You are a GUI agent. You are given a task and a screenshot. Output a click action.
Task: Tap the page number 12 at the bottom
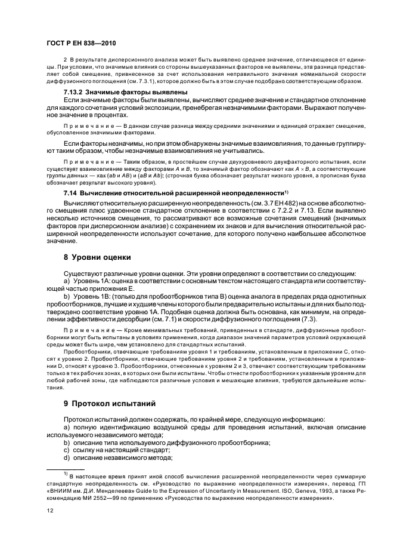[49, 511]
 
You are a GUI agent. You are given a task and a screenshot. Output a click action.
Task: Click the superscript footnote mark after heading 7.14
[287, 192]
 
